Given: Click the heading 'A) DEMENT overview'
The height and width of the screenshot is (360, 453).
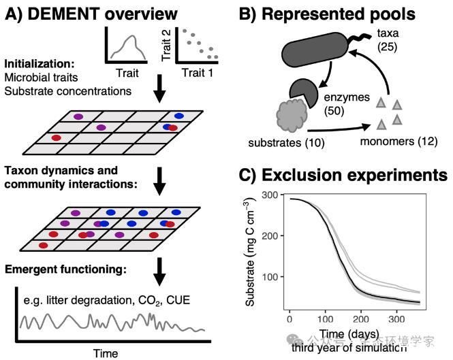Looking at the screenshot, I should coord(93,14).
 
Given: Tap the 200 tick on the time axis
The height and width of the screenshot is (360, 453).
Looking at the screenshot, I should coord(361,318).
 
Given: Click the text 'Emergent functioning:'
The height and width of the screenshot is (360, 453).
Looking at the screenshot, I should coord(65,269).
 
